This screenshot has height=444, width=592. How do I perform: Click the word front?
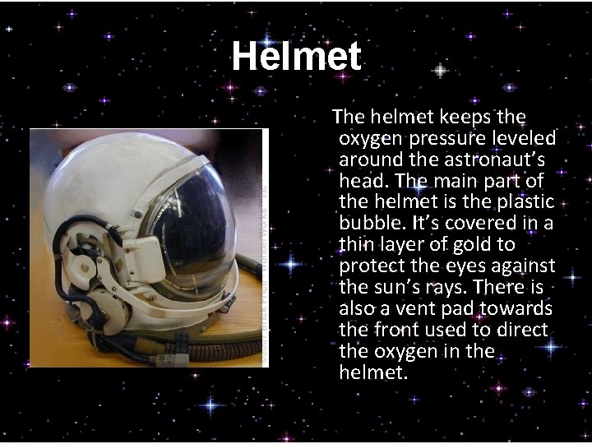coord(394,329)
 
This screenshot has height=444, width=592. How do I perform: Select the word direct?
coord(518,329)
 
